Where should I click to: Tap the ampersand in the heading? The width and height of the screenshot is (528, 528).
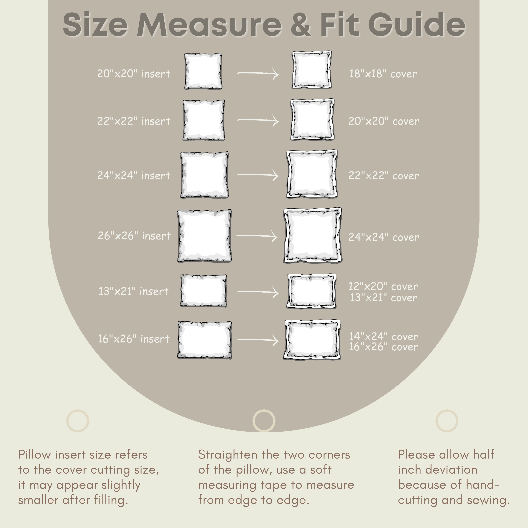pos(301,25)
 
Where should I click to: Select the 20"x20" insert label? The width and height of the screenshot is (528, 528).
pos(134,74)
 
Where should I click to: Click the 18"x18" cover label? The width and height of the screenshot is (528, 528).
pos(383,74)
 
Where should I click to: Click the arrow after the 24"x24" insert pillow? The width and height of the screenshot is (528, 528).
pos(258,175)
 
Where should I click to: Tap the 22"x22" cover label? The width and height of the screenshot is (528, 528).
pos(383,176)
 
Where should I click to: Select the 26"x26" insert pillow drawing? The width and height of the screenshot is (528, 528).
pos(204,236)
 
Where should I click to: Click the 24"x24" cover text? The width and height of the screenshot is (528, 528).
pos(383,237)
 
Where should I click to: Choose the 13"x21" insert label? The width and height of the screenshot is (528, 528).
pos(134,291)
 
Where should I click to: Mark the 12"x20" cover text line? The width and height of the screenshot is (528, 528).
pos(383,286)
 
